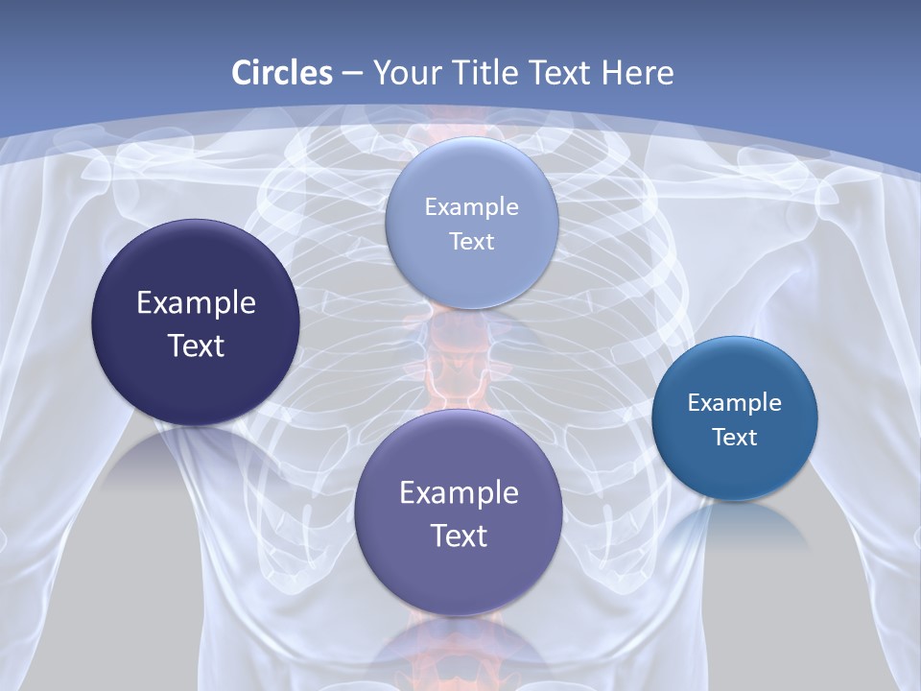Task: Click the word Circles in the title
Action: [x=282, y=73]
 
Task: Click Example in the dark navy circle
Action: [x=196, y=303]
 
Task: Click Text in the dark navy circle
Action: [x=196, y=345]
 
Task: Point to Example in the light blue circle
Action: [x=471, y=207]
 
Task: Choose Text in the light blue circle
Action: [x=471, y=242]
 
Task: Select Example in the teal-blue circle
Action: [x=735, y=403]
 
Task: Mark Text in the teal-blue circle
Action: [x=735, y=438]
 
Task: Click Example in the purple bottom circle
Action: [x=459, y=493]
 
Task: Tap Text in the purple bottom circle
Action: [x=459, y=536]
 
